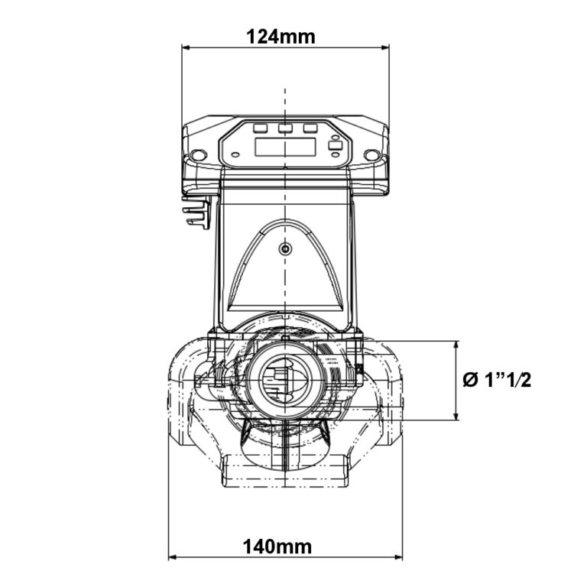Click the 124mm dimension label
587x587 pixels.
[x=281, y=35]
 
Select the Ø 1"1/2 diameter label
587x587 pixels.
[x=498, y=380]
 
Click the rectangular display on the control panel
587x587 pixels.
[x=285, y=147]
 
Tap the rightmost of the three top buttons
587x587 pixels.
[x=310, y=128]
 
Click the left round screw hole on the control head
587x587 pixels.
[x=199, y=155]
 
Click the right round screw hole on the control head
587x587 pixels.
[x=371, y=155]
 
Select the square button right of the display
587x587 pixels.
[x=334, y=145]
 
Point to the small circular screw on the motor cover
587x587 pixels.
[x=285, y=249]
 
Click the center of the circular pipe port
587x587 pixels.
[x=284, y=379]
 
